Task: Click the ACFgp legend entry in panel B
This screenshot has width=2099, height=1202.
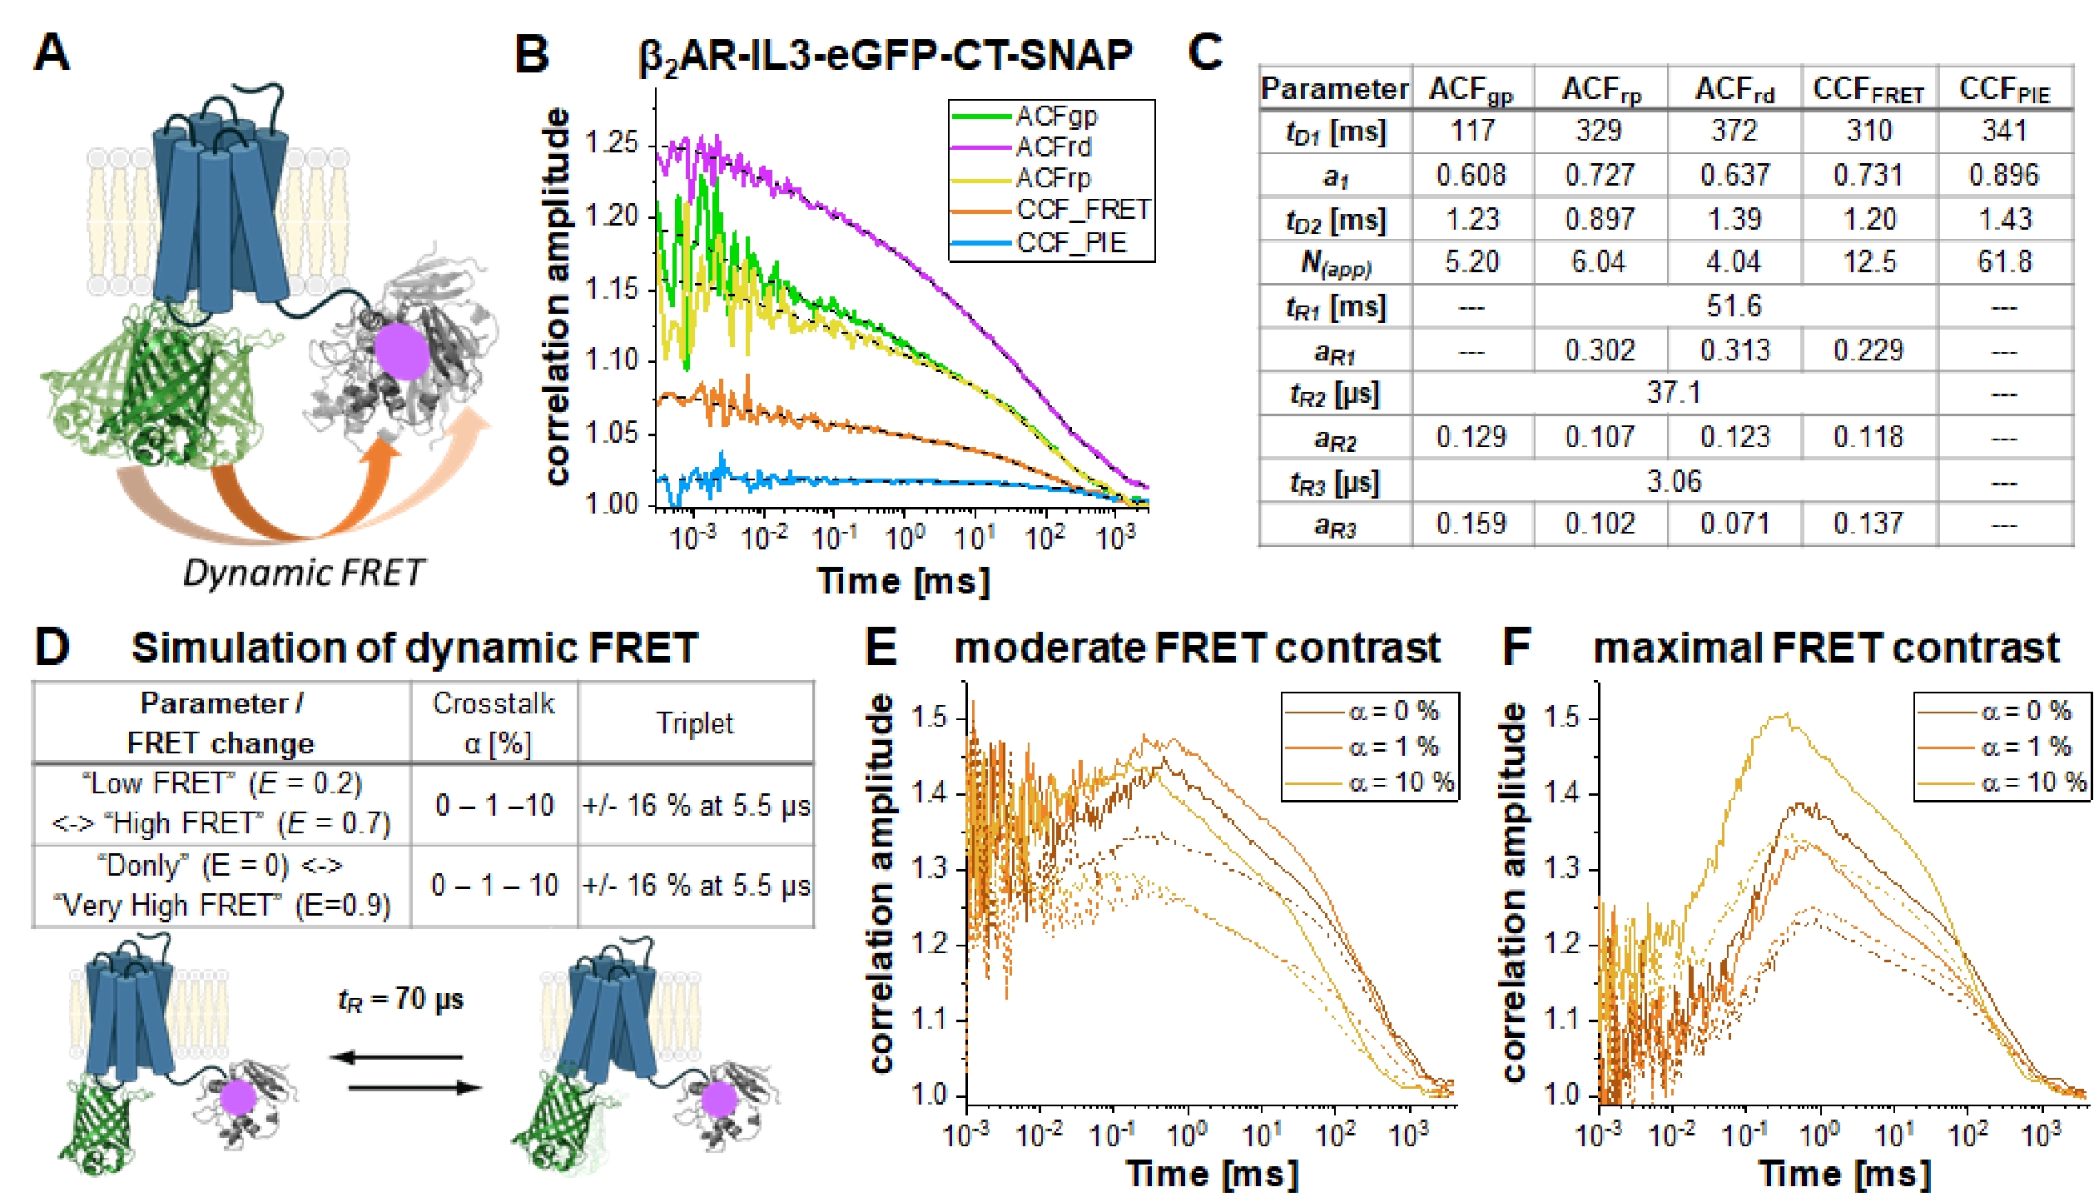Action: click(x=1055, y=116)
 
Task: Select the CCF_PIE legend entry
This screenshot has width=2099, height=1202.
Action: click(x=1070, y=243)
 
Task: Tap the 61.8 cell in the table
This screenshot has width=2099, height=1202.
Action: click(x=2004, y=262)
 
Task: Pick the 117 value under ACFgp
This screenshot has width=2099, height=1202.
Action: click(x=1471, y=131)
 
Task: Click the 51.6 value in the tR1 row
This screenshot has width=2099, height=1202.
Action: click(x=1734, y=306)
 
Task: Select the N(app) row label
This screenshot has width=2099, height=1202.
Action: click(x=1335, y=264)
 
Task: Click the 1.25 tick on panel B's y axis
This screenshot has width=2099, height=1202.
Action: click(x=611, y=142)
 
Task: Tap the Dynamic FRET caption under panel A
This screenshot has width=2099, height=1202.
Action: click(x=303, y=574)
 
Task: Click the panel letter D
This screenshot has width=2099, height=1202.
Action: click(x=52, y=648)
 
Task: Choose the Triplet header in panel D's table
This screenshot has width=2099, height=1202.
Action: click(x=695, y=723)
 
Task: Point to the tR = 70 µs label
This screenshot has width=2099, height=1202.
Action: click(x=400, y=999)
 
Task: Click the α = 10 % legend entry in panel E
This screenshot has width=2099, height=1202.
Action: click(x=1400, y=782)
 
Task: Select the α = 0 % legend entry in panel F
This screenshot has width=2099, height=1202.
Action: click(x=2025, y=711)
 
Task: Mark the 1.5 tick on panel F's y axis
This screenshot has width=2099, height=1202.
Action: click(x=1561, y=717)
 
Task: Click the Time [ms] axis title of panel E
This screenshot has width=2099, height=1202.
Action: click(x=1212, y=1174)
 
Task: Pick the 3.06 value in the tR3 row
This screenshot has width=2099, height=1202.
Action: click(x=1674, y=481)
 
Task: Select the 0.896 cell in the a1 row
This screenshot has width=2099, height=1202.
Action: click(x=2003, y=175)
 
